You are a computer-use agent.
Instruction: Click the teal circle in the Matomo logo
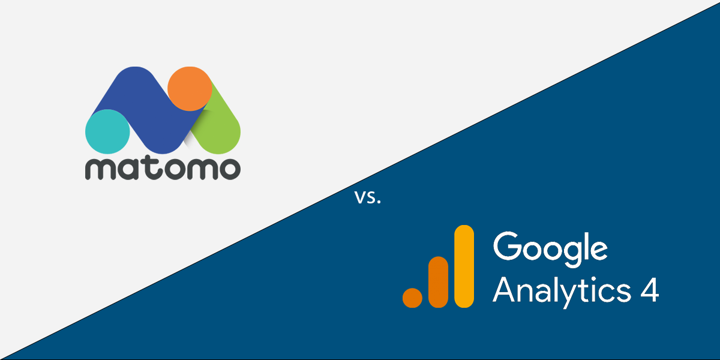[108, 132]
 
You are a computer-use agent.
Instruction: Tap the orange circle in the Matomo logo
[190, 89]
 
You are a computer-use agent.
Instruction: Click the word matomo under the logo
[163, 169]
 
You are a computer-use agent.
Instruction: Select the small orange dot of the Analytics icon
[413, 297]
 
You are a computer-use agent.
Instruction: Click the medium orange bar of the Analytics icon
[439, 282]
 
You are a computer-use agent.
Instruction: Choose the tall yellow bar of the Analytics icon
[464, 266]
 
